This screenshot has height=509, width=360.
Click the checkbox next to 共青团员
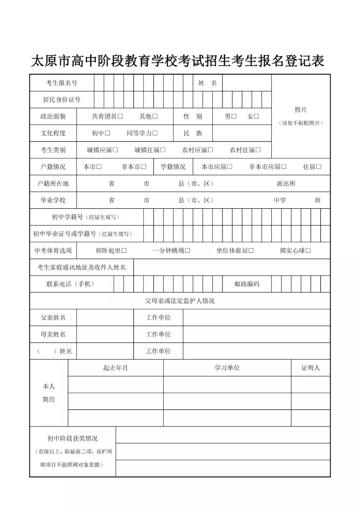(120, 116)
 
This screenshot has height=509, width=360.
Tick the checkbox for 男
(234, 116)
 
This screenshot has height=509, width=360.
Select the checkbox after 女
(256, 116)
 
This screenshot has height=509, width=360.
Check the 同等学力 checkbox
(155, 133)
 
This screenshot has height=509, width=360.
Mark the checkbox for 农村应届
(210, 150)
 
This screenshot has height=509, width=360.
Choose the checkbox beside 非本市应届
(284, 167)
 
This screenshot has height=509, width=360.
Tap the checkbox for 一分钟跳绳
(188, 250)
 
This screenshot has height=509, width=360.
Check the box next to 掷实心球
(308, 250)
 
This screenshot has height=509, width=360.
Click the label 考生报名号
(62, 83)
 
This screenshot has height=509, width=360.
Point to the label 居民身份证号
(62, 99)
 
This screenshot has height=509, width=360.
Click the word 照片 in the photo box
(301, 110)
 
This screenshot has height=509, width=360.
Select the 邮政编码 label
(247, 284)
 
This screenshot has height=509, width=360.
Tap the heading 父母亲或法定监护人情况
(180, 301)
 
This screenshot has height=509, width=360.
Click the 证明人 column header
(310, 368)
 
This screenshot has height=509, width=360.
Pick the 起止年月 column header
(115, 368)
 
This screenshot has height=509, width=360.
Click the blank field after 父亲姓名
(105, 318)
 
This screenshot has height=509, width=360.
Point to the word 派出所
(286, 183)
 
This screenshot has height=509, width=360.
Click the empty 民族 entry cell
(242, 133)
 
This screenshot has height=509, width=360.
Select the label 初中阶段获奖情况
(73, 438)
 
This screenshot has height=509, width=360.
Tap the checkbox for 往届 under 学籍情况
(319, 167)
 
